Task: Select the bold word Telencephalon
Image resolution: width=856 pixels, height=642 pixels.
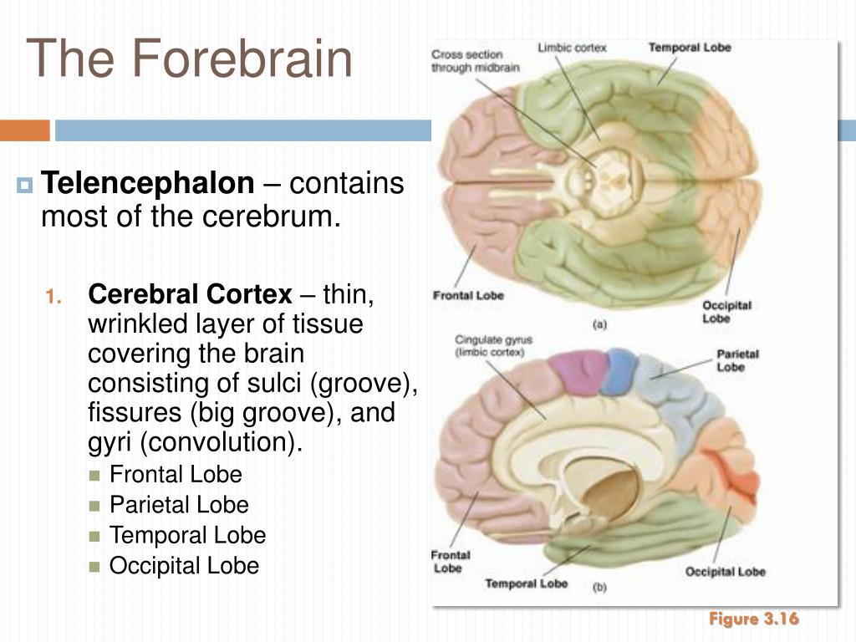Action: [x=148, y=183]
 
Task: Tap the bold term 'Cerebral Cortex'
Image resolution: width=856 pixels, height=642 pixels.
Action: [x=191, y=294]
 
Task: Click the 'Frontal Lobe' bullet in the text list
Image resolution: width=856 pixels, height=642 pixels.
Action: [x=176, y=475]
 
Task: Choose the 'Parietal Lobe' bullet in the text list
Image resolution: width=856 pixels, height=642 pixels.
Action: [x=179, y=505]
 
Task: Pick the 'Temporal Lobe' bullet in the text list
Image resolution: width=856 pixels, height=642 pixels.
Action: [x=187, y=535]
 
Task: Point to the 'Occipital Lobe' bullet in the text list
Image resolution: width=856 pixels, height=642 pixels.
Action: [x=184, y=565]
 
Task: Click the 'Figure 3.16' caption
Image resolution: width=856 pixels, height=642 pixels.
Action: [x=754, y=619]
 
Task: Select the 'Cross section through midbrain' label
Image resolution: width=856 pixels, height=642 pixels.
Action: [x=467, y=61]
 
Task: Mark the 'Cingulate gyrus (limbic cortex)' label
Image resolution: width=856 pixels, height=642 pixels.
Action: [x=493, y=346]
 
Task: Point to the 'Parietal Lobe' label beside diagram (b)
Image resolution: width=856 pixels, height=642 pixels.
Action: [x=737, y=360]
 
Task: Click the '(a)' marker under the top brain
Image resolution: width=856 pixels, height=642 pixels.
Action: [x=599, y=326]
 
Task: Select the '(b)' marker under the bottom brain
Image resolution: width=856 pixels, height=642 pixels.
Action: [x=599, y=588]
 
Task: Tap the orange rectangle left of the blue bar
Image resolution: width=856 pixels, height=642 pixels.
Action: [x=25, y=130]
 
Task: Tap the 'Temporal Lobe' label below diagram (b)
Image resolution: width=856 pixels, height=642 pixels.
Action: [x=526, y=583]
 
